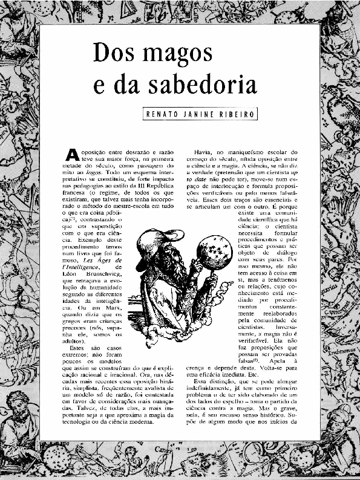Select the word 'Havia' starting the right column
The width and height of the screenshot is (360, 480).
[x=204, y=152]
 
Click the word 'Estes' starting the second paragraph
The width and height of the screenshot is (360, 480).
[x=79, y=348]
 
